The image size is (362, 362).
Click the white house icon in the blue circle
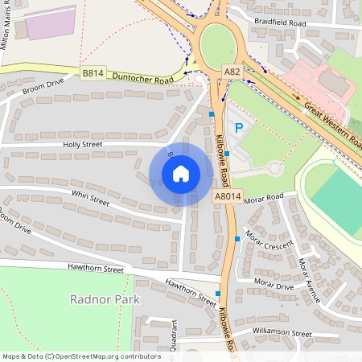(181, 174)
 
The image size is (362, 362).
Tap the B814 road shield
(93, 73)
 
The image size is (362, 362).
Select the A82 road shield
(231, 72)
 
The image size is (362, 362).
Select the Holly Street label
(83, 145)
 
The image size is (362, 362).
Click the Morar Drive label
(274, 285)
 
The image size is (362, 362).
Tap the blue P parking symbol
(237, 128)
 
